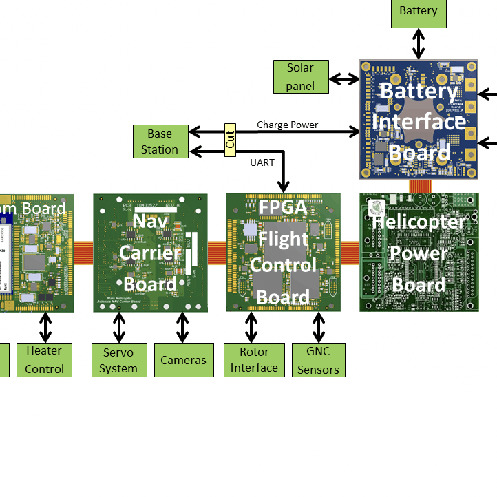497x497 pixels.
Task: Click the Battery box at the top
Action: coord(418,12)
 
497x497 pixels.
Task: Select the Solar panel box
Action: coord(300,76)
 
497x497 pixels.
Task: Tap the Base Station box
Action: coord(159,141)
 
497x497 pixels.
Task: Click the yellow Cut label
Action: coord(230,140)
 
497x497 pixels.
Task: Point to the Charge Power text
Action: coord(287,125)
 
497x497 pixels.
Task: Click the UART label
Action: coord(262,162)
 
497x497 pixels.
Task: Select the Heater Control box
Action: coord(44,360)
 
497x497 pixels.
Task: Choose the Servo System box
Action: coord(118,360)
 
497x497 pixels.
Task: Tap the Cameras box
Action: coord(183,360)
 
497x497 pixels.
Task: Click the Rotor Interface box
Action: coord(254,360)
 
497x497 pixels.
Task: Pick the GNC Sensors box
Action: coord(318,360)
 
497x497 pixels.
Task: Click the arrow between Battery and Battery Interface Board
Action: coord(418,44)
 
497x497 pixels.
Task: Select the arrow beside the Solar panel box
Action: coord(344,79)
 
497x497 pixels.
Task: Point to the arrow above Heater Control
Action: coord(45,328)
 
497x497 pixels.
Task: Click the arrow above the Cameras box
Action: coord(183,328)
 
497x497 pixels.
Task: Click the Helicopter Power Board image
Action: coord(419,253)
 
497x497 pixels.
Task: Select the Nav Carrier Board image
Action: coord(150,253)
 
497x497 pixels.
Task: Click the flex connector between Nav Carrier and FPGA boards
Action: coord(217,252)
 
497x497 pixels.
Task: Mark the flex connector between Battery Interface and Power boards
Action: coord(419,186)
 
